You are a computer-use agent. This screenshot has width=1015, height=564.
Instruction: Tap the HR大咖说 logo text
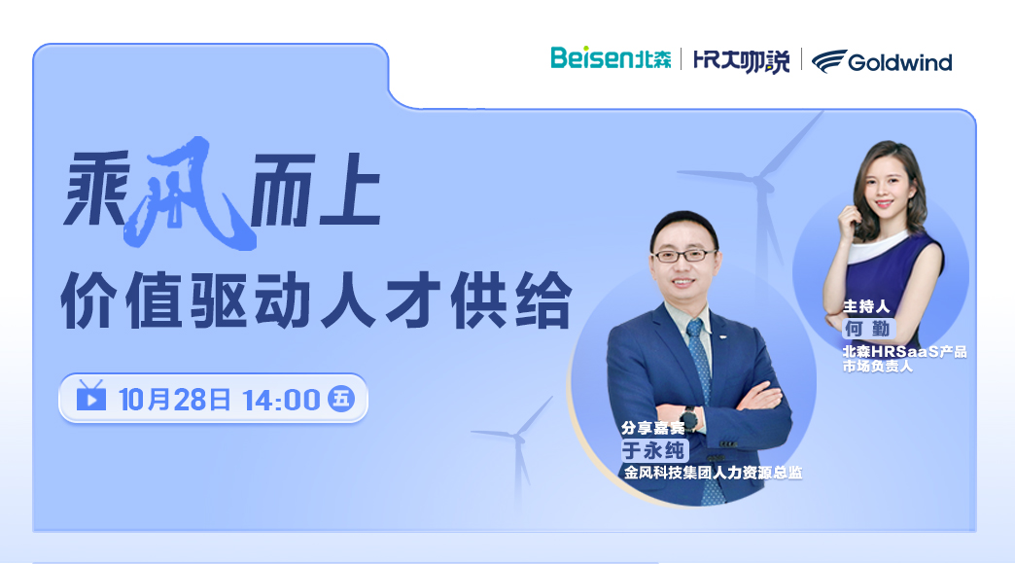(x=741, y=61)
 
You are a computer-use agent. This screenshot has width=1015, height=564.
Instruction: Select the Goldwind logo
(x=882, y=61)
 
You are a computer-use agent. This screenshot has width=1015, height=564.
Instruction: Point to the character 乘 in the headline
(x=96, y=189)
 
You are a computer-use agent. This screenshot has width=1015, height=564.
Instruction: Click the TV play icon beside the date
(x=90, y=396)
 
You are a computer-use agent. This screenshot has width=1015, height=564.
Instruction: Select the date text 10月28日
(x=175, y=400)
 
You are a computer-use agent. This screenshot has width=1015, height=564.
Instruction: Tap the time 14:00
(x=282, y=401)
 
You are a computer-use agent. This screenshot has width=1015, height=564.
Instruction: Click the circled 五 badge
(x=341, y=399)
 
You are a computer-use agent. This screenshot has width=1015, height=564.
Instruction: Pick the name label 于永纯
(x=652, y=450)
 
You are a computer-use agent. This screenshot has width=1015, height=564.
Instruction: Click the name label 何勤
(x=867, y=329)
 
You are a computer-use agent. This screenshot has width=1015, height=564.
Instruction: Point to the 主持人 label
(x=866, y=306)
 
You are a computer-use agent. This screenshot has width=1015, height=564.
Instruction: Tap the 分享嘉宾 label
(x=652, y=428)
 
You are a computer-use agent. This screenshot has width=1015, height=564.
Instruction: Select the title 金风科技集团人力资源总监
(x=713, y=473)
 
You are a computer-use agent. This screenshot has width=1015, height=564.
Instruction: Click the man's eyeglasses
(x=684, y=255)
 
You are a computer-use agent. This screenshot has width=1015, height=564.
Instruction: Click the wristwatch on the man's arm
(x=690, y=419)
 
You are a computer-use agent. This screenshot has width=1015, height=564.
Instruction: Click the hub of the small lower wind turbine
(x=519, y=438)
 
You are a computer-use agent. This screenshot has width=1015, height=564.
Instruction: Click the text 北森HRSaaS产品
(x=904, y=352)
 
